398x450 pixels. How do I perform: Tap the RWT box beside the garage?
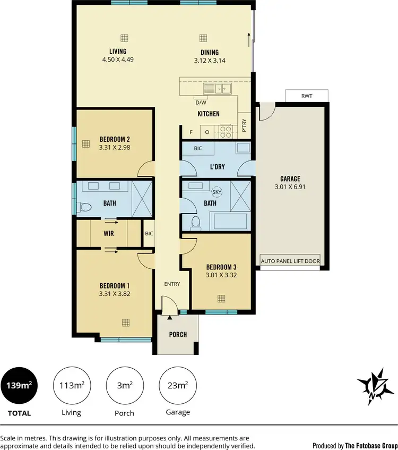[x=307, y=96]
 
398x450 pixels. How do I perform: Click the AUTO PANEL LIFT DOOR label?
[x=290, y=262]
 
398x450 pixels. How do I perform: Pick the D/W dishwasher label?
[x=201, y=103]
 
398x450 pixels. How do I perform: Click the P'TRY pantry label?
[x=244, y=125]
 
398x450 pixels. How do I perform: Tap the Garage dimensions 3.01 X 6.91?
[x=290, y=186]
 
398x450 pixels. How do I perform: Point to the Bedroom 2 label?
[x=115, y=140]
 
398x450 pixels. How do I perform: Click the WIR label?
[x=109, y=233]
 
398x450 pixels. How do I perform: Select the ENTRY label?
[x=172, y=284]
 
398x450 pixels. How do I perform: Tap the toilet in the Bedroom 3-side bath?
[x=195, y=222]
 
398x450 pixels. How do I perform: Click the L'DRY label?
[x=217, y=166]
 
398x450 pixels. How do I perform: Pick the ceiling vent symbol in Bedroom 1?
[x=125, y=322]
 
